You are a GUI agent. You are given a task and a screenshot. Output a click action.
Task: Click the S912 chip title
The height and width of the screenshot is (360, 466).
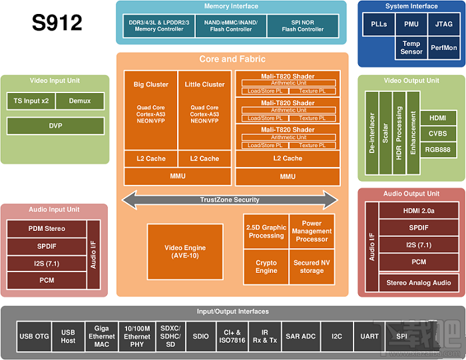coord(57,23)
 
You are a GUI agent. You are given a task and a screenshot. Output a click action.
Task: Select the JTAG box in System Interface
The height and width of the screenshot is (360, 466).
coord(443,25)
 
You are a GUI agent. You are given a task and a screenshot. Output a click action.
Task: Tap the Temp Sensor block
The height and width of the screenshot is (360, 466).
coord(411,48)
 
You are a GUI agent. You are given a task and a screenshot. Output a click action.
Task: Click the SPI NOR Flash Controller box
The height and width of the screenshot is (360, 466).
coord(302,26)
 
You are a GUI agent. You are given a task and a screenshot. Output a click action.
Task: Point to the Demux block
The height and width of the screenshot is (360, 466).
coord(79,101)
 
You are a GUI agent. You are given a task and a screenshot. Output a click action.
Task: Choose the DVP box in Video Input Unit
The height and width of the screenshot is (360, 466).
coord(55,125)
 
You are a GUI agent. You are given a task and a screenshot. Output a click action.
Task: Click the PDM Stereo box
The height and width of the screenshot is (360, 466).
coord(47,229)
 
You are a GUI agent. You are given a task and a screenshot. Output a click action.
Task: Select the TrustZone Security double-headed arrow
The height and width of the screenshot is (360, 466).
coord(230,200)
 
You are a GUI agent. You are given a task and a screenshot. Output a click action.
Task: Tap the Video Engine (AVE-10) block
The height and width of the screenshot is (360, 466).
coord(185,252)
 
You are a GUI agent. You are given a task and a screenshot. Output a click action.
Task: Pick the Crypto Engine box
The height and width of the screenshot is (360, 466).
coord(266,267)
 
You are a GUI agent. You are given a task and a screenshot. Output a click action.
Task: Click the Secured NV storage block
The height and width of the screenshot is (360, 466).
coord(312,267)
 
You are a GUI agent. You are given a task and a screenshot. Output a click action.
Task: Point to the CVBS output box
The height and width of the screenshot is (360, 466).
coord(437,134)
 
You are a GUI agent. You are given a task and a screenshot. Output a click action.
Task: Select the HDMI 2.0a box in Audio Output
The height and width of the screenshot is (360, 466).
coord(418,211)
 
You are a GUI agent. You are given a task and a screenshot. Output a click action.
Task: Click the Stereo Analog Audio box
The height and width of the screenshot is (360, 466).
coord(418,283)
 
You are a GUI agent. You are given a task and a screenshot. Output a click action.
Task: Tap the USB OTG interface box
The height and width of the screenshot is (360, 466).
coord(35,336)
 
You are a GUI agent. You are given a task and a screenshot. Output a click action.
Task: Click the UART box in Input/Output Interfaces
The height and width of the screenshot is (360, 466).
coord(369,336)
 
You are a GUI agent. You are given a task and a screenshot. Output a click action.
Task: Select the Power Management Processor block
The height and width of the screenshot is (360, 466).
coord(312,231)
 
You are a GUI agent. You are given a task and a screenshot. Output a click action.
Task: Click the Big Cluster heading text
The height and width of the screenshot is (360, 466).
coord(151,85)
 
